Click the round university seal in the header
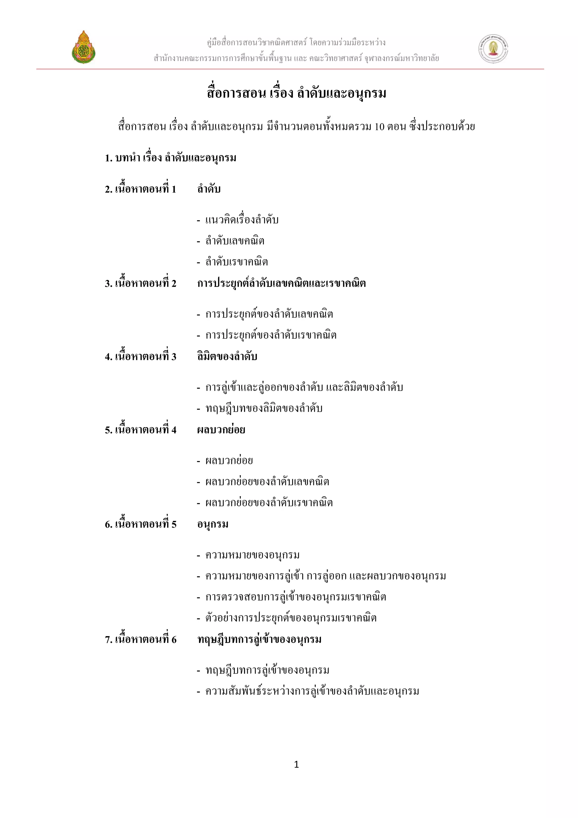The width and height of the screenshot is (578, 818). point(493,49)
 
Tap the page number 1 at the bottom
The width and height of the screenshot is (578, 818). point(296,764)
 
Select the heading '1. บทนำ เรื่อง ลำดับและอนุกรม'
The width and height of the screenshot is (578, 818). point(170,158)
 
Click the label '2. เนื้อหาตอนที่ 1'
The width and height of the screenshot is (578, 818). point(141,189)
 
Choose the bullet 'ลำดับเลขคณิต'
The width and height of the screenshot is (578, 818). point(235,241)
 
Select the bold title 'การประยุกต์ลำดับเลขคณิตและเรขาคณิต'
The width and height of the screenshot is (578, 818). point(282,284)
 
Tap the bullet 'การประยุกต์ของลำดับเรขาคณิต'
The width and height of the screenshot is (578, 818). point(271,335)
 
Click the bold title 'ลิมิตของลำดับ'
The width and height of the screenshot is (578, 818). point(227,357)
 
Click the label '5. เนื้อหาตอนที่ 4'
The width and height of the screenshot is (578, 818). point(141,430)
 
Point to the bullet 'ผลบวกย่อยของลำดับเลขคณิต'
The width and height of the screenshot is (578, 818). point(267,482)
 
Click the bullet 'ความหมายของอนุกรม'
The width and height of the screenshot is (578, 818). point(252,555)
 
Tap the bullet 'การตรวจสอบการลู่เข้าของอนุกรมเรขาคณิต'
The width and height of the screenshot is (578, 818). point(296,597)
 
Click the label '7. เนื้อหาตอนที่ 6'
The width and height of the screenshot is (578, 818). point(141,639)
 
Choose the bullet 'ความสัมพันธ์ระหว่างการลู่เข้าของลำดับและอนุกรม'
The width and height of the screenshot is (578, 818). point(312,691)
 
